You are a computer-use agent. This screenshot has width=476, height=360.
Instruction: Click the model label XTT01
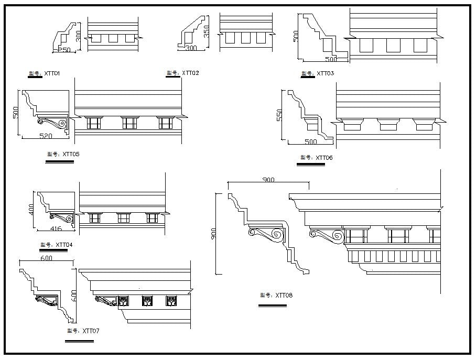[x=45, y=74]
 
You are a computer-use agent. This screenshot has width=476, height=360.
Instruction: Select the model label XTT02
[x=182, y=73]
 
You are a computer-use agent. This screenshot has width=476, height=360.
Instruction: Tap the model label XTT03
[x=317, y=73]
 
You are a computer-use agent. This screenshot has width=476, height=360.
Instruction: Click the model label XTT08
[x=276, y=296]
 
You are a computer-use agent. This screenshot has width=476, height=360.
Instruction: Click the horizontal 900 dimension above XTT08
[x=268, y=180]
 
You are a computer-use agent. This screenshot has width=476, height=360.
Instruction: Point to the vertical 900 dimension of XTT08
[x=214, y=233]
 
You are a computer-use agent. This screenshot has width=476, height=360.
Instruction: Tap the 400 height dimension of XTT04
[x=31, y=210]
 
